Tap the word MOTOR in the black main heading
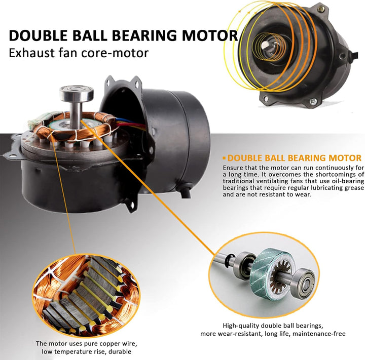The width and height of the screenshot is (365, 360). (210, 35)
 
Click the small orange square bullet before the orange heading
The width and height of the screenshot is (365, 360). (224, 158)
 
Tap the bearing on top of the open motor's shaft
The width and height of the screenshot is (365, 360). (77, 94)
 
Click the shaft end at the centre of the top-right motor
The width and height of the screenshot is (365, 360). (265, 45)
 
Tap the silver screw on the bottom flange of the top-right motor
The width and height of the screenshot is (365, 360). (313, 101)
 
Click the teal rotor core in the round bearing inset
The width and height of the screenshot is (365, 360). (272, 274)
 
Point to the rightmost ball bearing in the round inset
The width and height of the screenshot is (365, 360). (303, 283)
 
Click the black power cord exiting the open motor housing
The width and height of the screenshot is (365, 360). (186, 191)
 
